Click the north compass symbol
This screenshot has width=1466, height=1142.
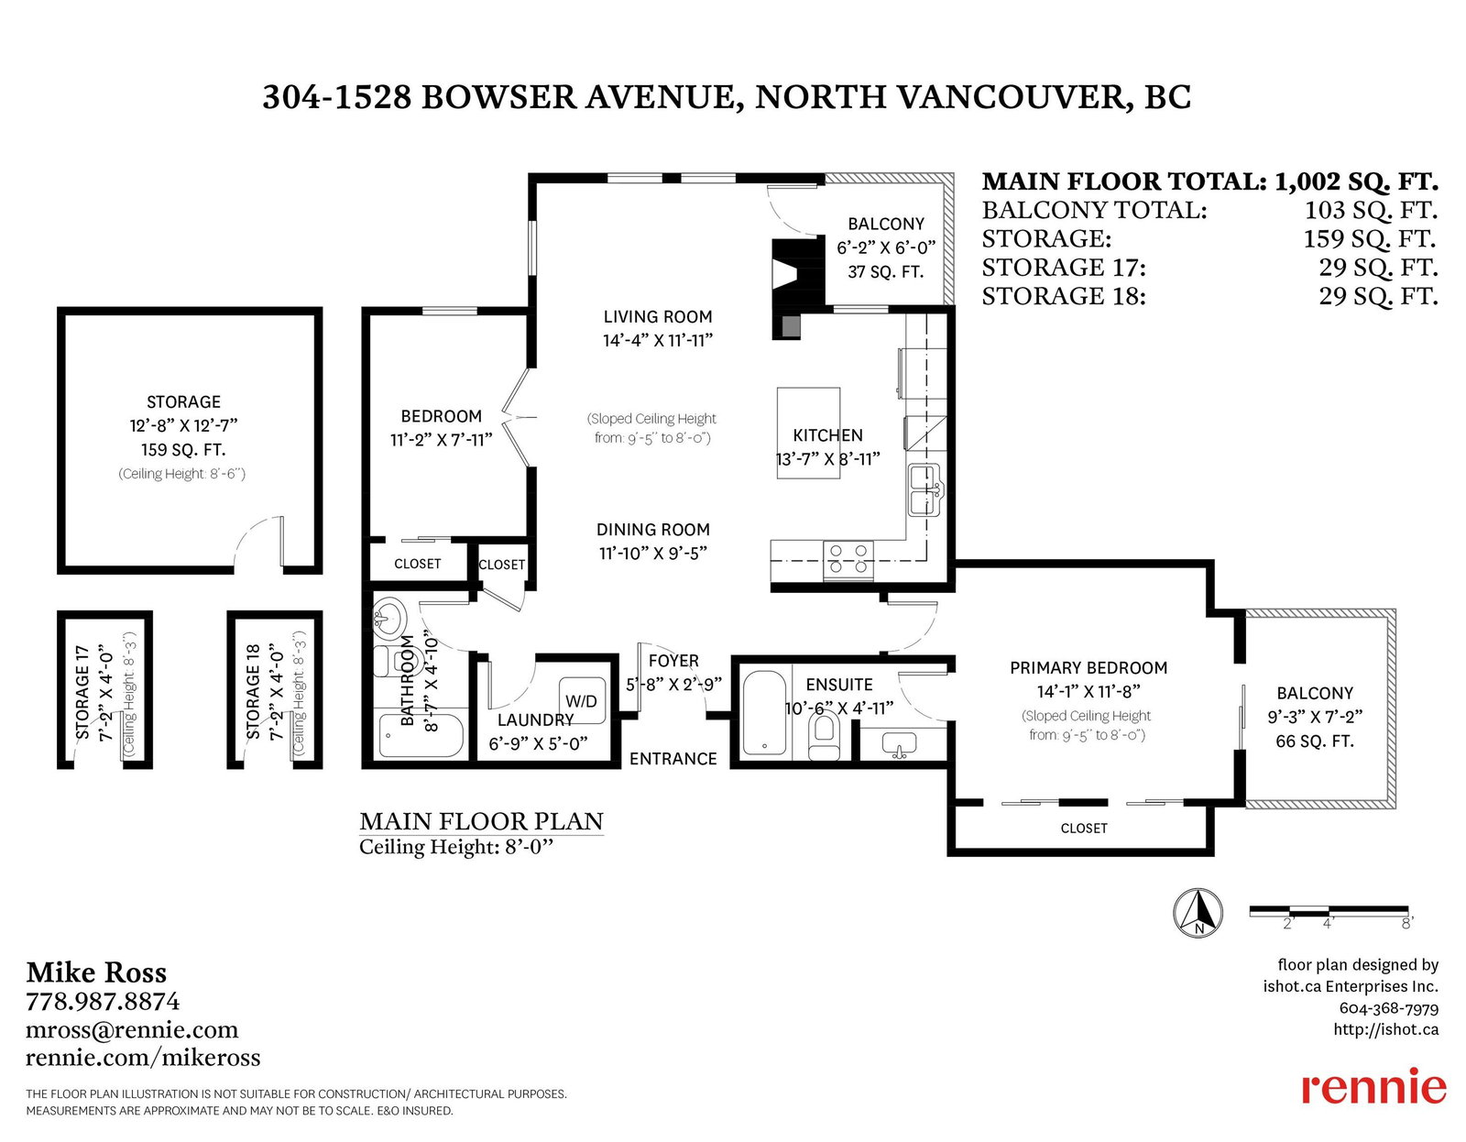point(1198,913)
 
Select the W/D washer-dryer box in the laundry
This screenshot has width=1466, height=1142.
point(582,701)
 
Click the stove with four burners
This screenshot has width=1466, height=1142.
point(848,559)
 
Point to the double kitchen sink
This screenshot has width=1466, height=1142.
point(924,490)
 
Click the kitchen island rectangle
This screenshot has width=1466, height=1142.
point(808,433)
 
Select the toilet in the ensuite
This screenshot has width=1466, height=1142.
point(823,737)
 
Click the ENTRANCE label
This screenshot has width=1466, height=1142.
point(673,759)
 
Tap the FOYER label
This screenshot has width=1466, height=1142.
point(673,661)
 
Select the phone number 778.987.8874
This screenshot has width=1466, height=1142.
point(104,1002)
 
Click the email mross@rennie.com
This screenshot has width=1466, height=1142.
point(132,1030)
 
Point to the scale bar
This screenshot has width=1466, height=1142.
point(1328,911)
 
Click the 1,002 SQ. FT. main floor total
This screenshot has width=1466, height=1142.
point(1356,181)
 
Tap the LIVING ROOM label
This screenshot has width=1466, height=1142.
point(657,316)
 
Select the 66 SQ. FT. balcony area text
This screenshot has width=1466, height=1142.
point(1314,741)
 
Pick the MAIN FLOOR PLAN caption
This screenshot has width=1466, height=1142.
point(481,821)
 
